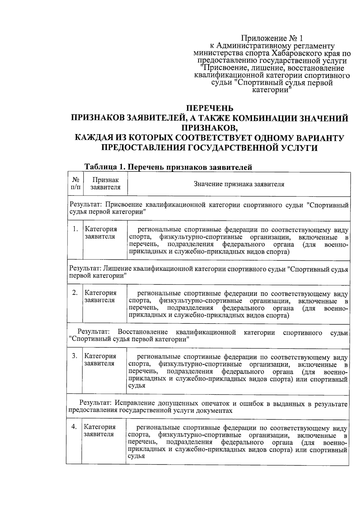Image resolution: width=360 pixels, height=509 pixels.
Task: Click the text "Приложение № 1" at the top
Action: [272, 38]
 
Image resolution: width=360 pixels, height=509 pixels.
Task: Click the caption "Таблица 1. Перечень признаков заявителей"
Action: [168, 167]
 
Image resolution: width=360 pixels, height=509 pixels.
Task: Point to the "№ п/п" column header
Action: [75, 184]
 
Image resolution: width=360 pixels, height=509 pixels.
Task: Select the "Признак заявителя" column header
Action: [105, 184]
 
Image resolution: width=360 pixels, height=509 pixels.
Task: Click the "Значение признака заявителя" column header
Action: [239, 184]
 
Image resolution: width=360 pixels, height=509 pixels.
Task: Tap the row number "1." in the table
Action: [75, 229]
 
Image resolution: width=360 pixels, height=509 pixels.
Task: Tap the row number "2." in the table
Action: [75, 293]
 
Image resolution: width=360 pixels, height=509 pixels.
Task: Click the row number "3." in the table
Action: [75, 356]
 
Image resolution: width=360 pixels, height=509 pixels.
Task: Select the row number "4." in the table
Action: [74, 427]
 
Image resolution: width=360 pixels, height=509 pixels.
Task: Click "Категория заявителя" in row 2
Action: [100, 296]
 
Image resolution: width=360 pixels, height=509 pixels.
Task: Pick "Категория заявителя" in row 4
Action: [99, 430]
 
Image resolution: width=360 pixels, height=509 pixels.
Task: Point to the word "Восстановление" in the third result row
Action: [143, 332]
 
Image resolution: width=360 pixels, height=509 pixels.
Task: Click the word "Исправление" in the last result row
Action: [134, 403]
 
